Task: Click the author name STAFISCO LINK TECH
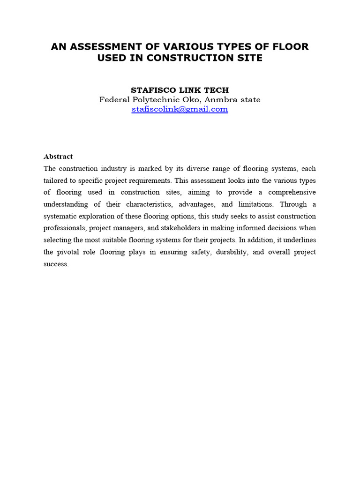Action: [180, 90]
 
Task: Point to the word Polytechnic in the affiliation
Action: [150, 99]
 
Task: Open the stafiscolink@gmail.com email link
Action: [180, 109]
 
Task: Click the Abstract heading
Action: [58, 157]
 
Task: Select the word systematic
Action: [61, 216]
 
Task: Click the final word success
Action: [56, 264]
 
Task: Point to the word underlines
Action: [299, 240]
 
